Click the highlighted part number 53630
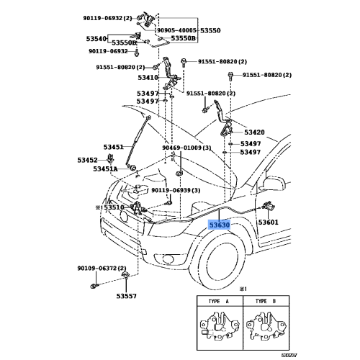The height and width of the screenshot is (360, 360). coord(220,225)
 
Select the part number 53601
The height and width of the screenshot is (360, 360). coord(268,222)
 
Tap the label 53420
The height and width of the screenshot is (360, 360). coord(254,132)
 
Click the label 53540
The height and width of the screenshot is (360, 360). coord(97,37)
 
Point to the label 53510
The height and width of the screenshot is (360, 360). coord(114,207)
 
